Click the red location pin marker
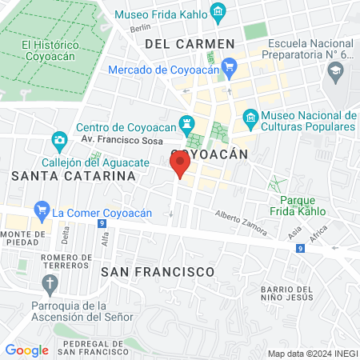[x=180, y=166]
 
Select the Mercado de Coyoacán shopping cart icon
[x=229, y=67]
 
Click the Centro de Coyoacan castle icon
[x=187, y=123]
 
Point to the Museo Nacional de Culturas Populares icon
[x=251, y=118]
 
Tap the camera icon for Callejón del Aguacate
[x=59, y=142]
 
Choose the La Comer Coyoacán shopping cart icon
[x=42, y=212]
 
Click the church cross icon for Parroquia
[x=50, y=283]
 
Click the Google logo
[x=27, y=350]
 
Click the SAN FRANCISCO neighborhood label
[x=158, y=272]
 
